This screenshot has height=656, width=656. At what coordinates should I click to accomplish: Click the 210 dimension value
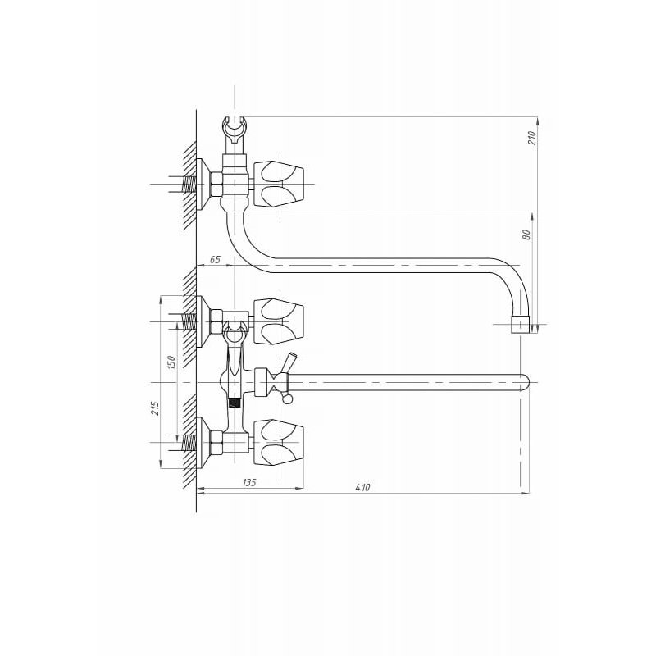[531, 138]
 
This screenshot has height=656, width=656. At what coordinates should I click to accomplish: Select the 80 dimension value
[526, 235]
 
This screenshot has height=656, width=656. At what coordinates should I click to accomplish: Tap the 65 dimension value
[215, 259]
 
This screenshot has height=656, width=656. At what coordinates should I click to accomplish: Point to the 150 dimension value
[171, 362]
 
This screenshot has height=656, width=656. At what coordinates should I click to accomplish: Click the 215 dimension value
[155, 408]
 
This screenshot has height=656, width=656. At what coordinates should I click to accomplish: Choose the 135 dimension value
[249, 482]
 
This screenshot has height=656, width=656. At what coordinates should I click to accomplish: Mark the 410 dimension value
[362, 487]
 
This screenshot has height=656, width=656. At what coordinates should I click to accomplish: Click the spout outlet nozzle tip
[521, 325]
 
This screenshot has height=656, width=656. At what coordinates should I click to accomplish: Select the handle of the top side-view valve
[279, 184]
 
